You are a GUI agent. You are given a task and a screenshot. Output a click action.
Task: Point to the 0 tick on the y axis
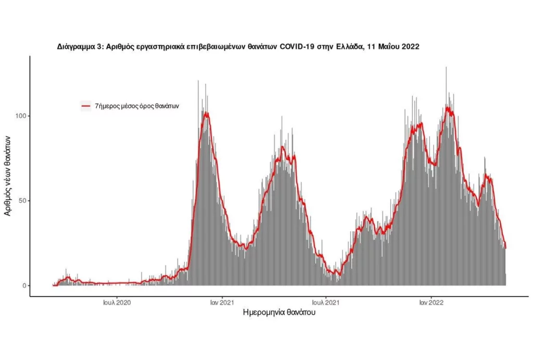point(23,285)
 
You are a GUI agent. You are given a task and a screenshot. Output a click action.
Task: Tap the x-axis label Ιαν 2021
point(222,302)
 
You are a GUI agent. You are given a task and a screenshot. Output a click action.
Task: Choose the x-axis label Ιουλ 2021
point(326,302)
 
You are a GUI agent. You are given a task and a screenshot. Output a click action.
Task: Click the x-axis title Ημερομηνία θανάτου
point(280,313)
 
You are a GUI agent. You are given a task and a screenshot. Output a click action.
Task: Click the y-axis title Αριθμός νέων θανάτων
point(7,174)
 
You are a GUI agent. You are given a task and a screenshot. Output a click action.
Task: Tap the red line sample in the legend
point(86,106)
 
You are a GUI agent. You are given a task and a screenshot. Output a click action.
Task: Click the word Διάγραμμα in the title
point(76,46)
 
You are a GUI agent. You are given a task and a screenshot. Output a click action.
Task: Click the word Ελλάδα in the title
point(354,46)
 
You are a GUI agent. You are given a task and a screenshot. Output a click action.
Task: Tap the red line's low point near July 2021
point(339,274)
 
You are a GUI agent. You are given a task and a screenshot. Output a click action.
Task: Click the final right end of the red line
point(505,248)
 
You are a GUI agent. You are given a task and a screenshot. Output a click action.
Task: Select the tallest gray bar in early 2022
point(446,68)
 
